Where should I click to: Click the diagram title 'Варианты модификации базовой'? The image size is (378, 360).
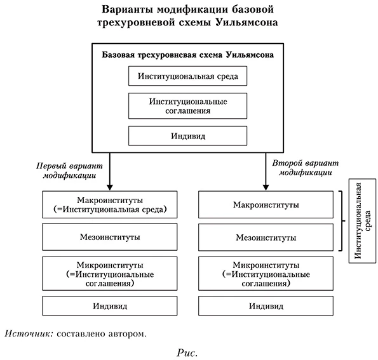pos(188,10)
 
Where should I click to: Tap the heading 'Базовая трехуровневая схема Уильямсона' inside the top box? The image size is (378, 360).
pos(188,55)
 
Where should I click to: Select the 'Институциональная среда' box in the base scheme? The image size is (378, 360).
pos(187,77)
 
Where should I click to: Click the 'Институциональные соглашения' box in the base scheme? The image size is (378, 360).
pos(187,106)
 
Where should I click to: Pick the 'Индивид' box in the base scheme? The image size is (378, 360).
pos(187,136)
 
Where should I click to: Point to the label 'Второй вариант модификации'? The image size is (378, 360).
pos(304,167)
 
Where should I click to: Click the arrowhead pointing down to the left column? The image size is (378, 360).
pos(110,185)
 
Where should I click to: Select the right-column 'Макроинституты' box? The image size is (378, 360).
pos(266,204)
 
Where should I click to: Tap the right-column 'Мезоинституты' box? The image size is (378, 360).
pos(266,238)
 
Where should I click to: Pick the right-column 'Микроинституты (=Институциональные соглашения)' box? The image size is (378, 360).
pos(266,274)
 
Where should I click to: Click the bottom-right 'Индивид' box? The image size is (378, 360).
pos(266,305)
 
